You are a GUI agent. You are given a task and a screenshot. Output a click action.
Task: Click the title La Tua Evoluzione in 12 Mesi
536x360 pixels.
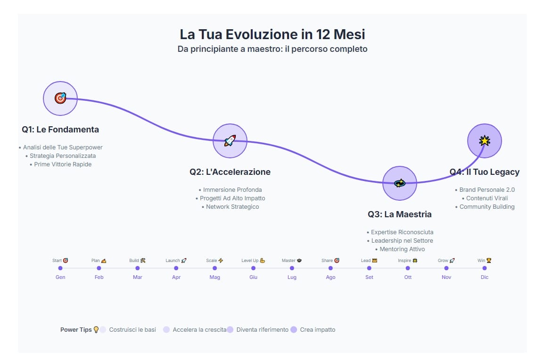coord(272,34)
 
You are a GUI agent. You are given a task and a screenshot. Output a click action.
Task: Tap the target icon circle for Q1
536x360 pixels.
coord(60,98)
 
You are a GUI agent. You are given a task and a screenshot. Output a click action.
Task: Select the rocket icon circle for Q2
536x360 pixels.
coord(230,141)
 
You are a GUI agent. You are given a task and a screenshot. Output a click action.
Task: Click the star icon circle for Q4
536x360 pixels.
coord(484,141)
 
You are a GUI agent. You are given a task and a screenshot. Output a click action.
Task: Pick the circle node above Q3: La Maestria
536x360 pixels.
coord(399,183)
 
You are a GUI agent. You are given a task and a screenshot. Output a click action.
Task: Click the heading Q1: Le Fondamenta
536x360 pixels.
coord(60,130)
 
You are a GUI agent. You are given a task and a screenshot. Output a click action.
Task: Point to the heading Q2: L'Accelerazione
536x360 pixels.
coord(230,172)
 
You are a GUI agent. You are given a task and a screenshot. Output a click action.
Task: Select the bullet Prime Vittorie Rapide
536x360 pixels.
coord(63,164)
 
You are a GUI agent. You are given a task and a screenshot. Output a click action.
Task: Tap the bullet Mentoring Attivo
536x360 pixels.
coord(402,249)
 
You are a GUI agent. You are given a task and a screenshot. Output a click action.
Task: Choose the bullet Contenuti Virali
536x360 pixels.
coord(487,198)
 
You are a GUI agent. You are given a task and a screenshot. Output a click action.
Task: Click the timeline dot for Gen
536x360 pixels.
coord(60,268)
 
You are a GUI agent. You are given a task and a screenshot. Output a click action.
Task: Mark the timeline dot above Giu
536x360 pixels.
coord(253,268)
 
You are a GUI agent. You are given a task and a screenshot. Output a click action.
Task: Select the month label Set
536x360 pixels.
coord(369,277)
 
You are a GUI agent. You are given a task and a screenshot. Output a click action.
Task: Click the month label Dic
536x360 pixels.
coord(485,277)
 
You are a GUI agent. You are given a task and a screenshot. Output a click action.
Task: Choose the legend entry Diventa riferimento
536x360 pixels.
coord(262,330)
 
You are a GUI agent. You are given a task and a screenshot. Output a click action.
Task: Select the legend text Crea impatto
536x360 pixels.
coord(317,330)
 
